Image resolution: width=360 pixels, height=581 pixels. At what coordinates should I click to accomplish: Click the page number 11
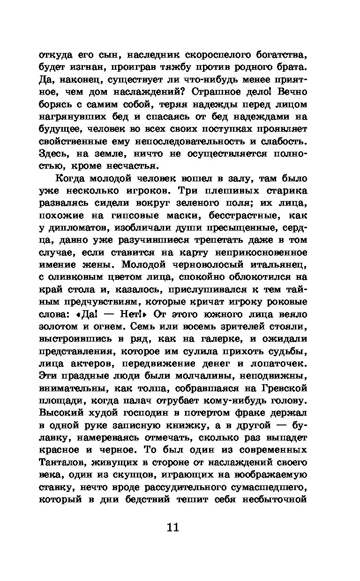[x=172, y=528]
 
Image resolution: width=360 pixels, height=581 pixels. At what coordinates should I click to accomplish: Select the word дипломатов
[x=73, y=227]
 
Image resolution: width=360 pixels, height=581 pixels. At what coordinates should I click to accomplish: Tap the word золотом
[x=58, y=326]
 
